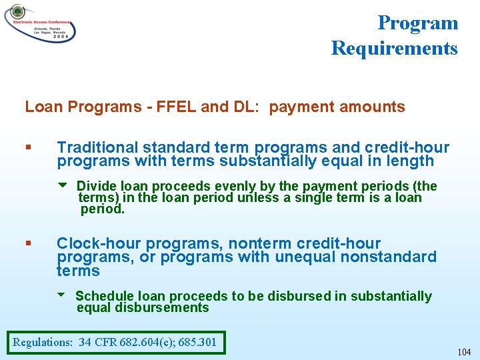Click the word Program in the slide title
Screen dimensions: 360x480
[x=418, y=23]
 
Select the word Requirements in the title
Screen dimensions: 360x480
[x=394, y=48]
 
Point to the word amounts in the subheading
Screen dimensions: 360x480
[x=377, y=107]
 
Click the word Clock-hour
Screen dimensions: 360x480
[x=99, y=243]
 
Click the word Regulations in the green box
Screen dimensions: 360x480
[x=43, y=343]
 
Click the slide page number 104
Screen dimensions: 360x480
[x=463, y=351]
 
